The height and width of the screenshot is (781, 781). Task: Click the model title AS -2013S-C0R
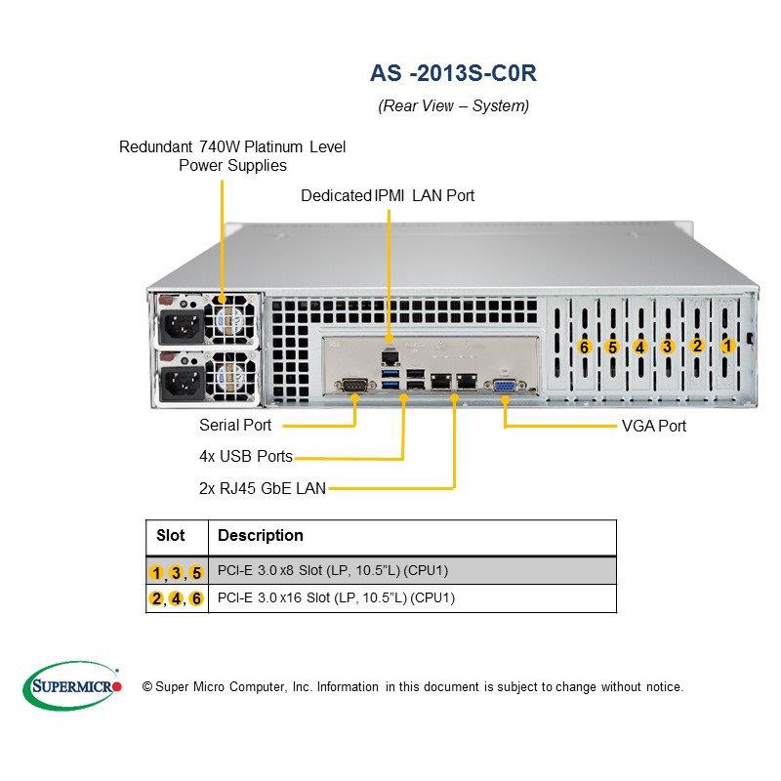[453, 73]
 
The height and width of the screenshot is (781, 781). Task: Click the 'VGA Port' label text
[653, 426]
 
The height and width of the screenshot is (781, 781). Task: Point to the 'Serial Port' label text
[235, 425]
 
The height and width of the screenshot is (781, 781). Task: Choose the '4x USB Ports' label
[246, 456]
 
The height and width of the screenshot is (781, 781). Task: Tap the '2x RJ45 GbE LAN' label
[262, 487]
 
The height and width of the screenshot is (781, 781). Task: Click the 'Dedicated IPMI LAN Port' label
[388, 195]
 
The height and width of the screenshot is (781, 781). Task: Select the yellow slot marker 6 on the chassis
[584, 347]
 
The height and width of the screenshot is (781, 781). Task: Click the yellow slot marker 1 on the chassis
[726, 345]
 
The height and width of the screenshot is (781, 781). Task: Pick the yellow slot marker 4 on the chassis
[639, 347]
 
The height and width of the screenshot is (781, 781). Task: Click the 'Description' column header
[260, 536]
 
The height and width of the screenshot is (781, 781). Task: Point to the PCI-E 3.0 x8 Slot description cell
[332, 570]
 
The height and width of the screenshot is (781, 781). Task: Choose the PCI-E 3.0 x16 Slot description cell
[336, 597]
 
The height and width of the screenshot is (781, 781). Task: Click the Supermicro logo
[71, 686]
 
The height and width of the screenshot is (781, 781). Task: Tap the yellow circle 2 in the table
[156, 598]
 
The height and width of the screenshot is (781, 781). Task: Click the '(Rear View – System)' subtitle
[453, 106]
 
